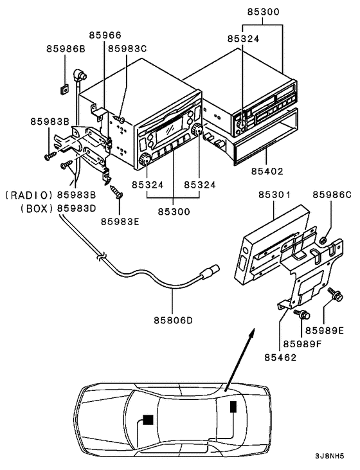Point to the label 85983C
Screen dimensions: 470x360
pyautogui.click(x=127, y=48)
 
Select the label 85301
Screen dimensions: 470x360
pyautogui.click(x=274, y=194)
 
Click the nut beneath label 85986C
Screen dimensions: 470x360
pyautogui.click(x=325, y=240)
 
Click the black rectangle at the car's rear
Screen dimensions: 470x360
pyautogui.click(x=232, y=406)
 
